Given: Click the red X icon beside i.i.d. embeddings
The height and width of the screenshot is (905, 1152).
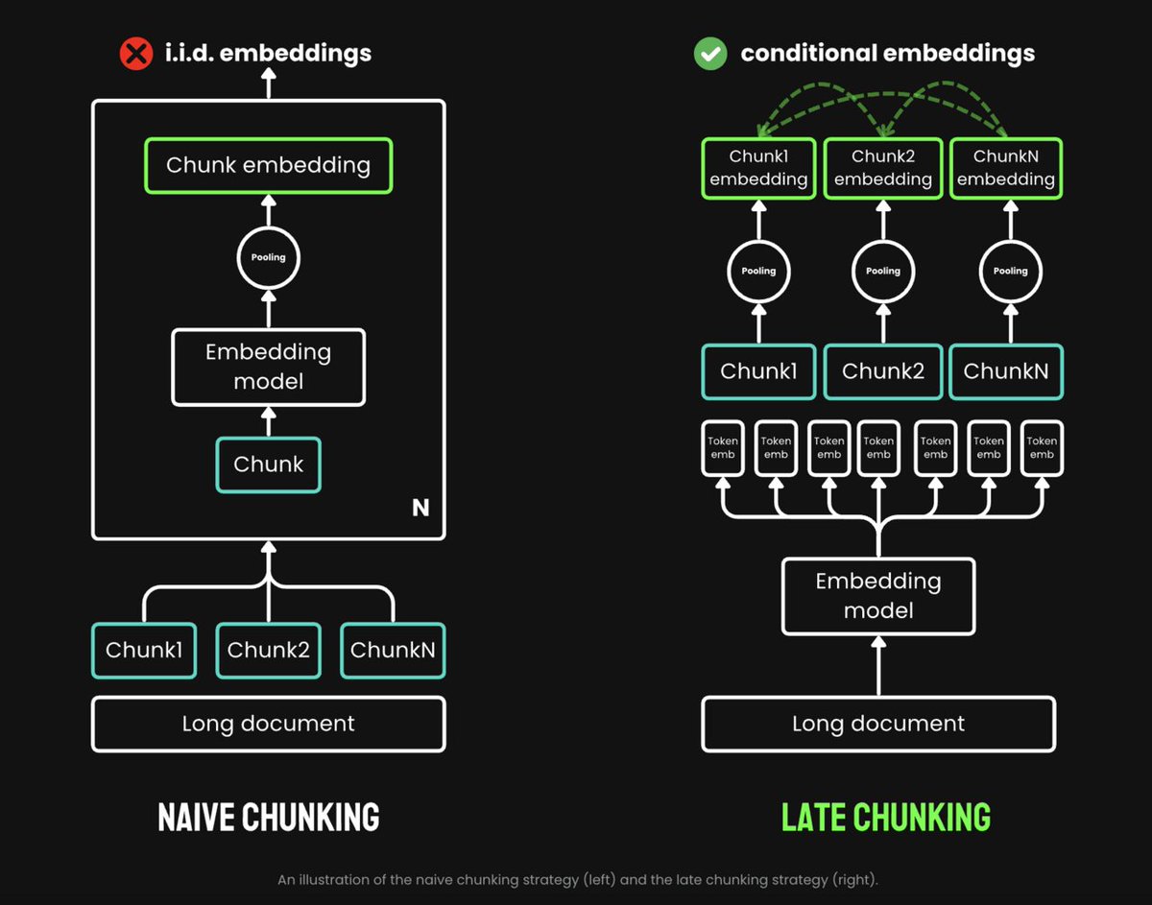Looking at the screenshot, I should (x=136, y=53).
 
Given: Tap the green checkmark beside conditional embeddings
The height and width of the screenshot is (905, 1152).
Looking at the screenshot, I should (x=710, y=53).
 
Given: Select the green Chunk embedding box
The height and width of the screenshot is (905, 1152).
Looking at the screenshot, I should (x=268, y=165).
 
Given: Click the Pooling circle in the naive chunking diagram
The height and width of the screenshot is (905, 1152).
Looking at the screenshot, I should (x=269, y=257).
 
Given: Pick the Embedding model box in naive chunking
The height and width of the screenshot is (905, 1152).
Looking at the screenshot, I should (x=269, y=367).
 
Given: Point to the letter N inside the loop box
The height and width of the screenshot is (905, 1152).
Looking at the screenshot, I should (x=420, y=508).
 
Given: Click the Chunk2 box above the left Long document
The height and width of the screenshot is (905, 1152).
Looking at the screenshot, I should (x=269, y=650).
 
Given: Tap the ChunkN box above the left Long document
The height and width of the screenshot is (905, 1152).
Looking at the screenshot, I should (x=393, y=650).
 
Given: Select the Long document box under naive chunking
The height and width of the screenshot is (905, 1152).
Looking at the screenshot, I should (x=269, y=724).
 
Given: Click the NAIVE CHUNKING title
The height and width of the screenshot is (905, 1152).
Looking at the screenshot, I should (x=269, y=817).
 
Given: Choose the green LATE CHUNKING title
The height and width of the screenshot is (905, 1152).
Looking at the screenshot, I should (x=885, y=817).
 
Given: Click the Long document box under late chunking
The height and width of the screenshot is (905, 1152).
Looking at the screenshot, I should (x=878, y=724).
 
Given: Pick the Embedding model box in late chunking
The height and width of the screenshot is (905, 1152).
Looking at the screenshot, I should (x=878, y=596).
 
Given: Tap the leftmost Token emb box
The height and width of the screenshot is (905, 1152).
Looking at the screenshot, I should (x=723, y=447).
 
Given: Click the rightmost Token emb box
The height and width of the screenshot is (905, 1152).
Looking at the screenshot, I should (x=1042, y=447).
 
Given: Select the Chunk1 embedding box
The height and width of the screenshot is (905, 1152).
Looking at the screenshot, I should (x=758, y=168).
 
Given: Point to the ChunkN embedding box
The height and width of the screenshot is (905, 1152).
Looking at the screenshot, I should (x=1006, y=168).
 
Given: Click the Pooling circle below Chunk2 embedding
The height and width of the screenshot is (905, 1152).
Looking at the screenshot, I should (x=883, y=271).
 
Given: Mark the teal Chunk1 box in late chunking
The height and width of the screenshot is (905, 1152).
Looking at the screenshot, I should (x=758, y=371).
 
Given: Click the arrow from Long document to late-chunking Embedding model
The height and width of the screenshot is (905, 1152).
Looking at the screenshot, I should (x=878, y=666).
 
